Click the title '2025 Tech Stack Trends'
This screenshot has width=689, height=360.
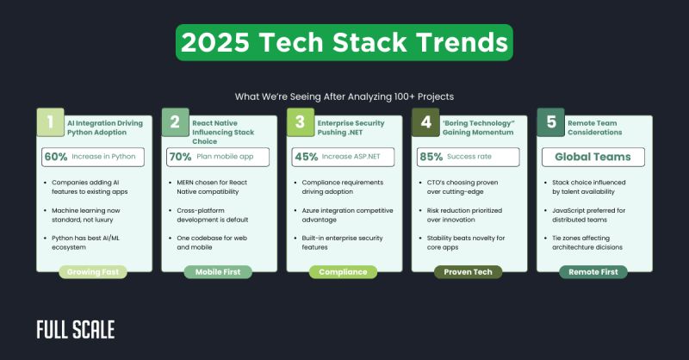click(344, 43)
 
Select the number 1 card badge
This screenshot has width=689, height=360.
click(51, 123)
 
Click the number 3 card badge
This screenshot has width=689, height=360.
click(301, 123)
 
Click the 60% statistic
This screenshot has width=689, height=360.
click(56, 157)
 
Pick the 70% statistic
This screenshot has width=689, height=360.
click(182, 157)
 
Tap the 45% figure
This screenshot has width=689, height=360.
click(307, 157)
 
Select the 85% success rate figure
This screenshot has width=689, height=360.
click(431, 157)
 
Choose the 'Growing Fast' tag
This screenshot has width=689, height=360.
click(94, 272)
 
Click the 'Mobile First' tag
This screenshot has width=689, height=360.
click(219, 272)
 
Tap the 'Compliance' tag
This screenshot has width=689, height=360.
click(344, 272)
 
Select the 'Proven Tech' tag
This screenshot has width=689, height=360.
click(469, 272)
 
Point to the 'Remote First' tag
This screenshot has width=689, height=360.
click(593, 272)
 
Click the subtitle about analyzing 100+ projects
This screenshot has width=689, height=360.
click(344, 96)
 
